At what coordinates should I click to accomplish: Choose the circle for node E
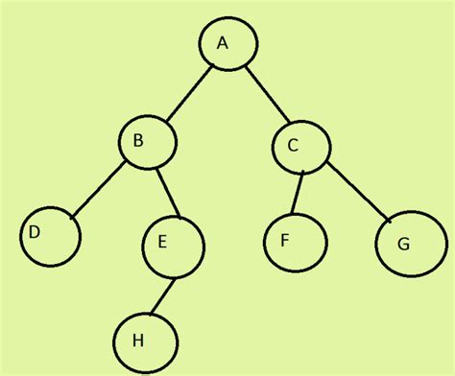(x=174, y=245)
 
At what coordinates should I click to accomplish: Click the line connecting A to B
(x=187, y=94)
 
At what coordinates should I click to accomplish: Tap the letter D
(x=34, y=232)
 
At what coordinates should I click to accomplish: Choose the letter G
(x=403, y=243)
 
